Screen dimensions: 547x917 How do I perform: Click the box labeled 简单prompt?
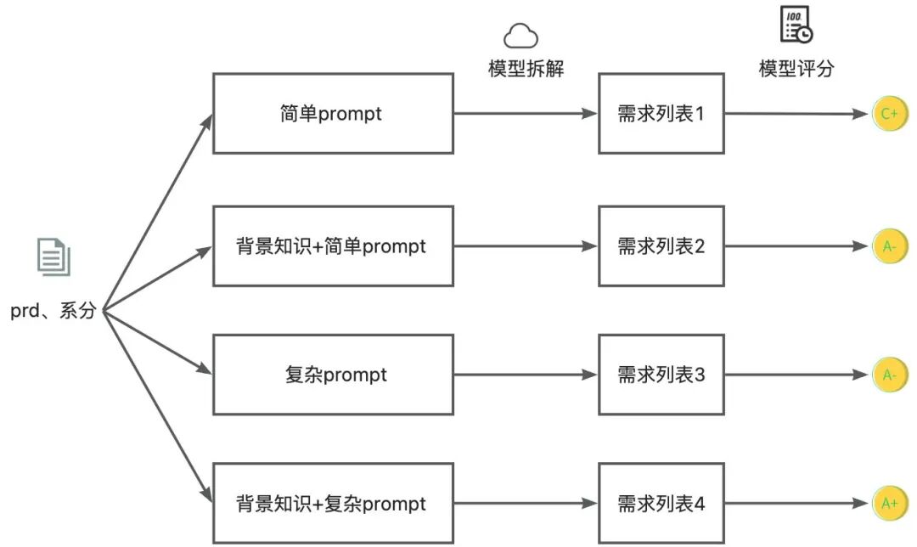click(x=332, y=113)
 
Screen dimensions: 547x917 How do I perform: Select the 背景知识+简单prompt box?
click(x=332, y=246)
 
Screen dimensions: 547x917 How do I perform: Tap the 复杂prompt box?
click(x=332, y=375)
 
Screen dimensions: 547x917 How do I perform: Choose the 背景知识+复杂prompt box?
click(x=332, y=504)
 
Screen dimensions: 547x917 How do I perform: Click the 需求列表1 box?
click(x=661, y=113)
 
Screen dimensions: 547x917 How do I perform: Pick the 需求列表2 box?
click(x=661, y=246)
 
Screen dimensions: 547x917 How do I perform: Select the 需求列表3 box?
click(x=661, y=375)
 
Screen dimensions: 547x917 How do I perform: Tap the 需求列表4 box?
click(x=661, y=504)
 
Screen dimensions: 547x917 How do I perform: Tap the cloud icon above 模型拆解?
click(x=522, y=36)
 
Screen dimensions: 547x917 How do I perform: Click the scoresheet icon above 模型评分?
click(x=796, y=24)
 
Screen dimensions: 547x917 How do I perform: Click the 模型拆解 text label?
click(x=526, y=69)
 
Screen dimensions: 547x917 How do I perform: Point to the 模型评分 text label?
click(x=796, y=69)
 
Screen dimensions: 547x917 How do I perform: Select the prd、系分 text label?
click(x=53, y=311)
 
